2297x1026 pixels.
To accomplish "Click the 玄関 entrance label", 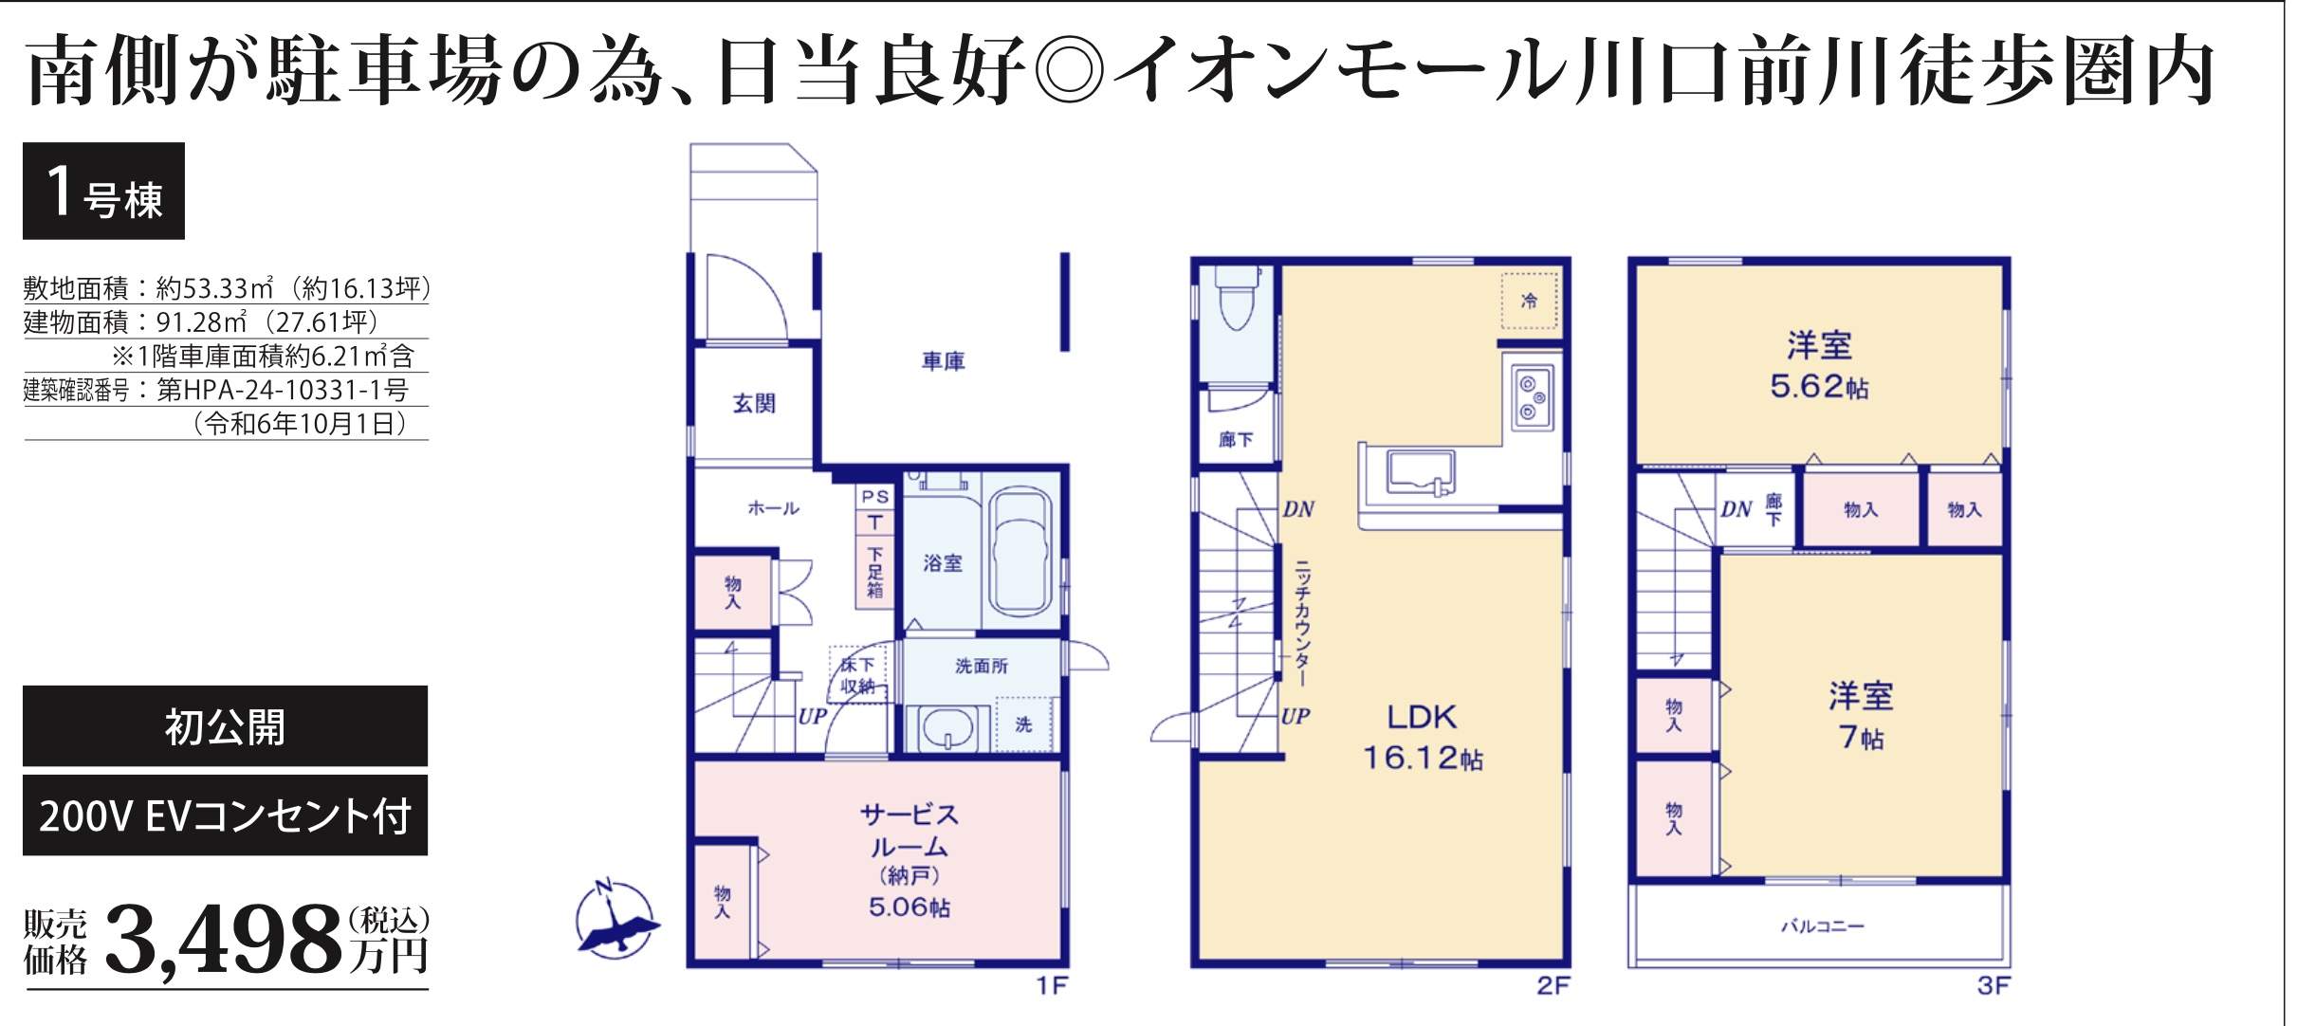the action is point(754,404).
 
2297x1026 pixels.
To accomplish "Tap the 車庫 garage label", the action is point(943,361).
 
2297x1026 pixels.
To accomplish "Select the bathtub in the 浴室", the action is point(1020,554).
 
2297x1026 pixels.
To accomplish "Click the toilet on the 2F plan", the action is point(1236,296).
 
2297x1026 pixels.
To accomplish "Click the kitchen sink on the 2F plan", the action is point(1420,472).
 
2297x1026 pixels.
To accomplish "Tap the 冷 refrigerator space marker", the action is point(1529,301).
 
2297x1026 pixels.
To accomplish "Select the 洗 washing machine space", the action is point(1023,725).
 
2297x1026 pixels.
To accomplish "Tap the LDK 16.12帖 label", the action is point(1422,737).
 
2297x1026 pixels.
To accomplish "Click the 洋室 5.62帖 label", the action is point(1819,365).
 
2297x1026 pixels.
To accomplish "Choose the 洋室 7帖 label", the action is point(1861,716).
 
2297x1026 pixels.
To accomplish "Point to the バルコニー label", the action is point(1822,925).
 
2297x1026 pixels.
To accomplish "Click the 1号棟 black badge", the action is point(103,191).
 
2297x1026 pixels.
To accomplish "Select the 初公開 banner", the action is point(225,726).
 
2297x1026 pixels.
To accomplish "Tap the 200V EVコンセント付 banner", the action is point(225,815).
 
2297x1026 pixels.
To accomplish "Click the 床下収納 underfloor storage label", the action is point(857,675).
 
